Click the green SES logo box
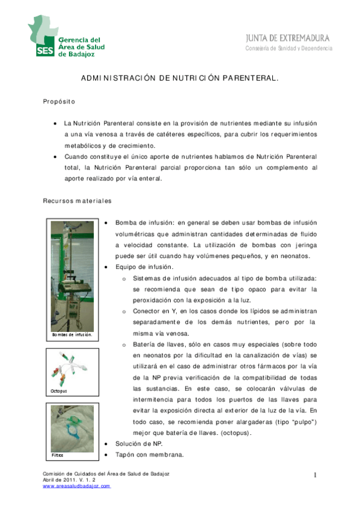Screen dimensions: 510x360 (44, 50)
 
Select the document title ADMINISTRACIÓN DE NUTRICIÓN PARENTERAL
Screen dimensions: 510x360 (180, 78)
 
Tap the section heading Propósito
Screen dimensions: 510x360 (58, 102)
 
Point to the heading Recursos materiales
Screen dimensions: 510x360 (77, 200)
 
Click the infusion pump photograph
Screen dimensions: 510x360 (72, 274)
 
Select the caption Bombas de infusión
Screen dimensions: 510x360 (72, 334)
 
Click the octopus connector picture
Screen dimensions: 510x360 (72, 368)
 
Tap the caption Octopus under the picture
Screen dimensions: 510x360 (59, 391)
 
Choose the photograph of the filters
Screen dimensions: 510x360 (72, 426)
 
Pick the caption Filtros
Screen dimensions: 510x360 (57, 455)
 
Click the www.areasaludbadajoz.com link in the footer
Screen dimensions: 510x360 (76, 486)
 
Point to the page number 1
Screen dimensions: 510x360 (314, 476)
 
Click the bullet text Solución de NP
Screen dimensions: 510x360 (138, 443)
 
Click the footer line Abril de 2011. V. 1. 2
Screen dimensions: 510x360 (77, 480)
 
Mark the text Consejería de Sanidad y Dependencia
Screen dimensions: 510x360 (288, 49)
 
